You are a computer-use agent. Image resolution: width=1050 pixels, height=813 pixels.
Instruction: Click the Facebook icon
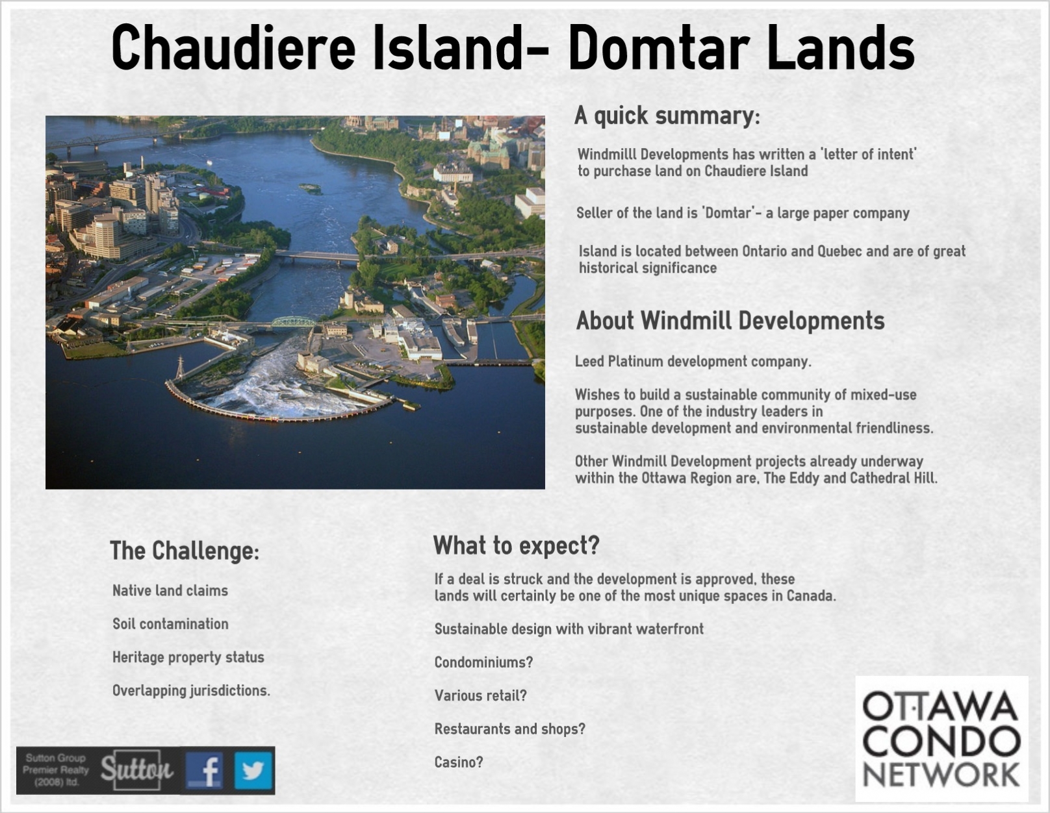click(x=205, y=770)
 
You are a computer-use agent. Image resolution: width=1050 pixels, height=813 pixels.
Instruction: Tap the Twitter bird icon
click(x=253, y=770)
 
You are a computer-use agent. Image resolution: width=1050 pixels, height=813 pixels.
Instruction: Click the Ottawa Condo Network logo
click(x=941, y=739)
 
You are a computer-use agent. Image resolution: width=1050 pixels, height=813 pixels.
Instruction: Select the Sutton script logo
click(x=136, y=769)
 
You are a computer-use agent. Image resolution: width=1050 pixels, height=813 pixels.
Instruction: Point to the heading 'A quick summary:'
click(x=667, y=116)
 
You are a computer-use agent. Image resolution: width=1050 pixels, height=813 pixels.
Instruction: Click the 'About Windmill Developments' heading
click(x=730, y=321)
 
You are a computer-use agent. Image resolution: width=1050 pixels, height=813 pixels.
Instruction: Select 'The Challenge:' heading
click(x=185, y=551)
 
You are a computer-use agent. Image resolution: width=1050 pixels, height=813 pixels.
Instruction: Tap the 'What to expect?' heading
click(x=516, y=545)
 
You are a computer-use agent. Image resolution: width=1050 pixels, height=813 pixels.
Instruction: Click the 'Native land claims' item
click(x=170, y=590)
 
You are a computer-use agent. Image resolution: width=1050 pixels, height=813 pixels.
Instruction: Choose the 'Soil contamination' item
click(x=170, y=624)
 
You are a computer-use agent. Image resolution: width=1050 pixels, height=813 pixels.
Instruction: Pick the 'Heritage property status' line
click(x=188, y=657)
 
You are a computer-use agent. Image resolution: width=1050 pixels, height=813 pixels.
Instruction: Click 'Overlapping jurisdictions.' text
click(x=191, y=690)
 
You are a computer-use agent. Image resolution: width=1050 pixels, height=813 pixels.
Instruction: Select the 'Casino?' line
click(x=459, y=762)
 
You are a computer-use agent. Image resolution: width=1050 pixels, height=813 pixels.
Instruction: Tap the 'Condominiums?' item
click(x=483, y=662)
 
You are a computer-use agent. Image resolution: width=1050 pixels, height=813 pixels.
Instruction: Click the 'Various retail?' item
click(x=480, y=695)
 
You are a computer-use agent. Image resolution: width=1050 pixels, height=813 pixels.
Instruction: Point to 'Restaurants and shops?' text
click(x=510, y=729)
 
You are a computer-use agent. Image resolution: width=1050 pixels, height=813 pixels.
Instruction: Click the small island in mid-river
click(x=310, y=188)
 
